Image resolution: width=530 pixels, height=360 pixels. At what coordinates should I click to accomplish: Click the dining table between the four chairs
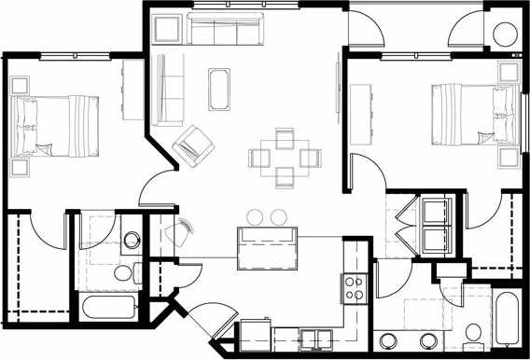[286, 156]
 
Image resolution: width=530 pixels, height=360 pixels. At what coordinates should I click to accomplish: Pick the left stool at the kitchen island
[254, 217]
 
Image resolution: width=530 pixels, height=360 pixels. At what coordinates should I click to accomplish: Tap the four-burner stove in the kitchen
[355, 287]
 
